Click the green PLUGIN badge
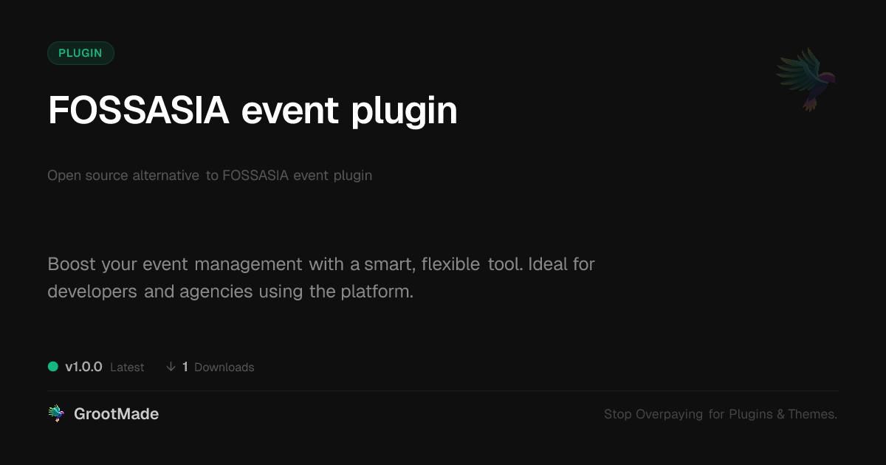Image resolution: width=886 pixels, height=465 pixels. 80,53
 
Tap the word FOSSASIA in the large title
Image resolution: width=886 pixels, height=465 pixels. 139,110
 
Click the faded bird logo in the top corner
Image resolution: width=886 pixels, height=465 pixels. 806,80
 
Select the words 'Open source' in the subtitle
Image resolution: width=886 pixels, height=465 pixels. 87,176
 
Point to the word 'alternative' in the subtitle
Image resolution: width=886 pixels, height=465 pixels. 165,175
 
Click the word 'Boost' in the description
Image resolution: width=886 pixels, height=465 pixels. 72,264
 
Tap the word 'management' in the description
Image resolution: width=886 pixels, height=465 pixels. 248,264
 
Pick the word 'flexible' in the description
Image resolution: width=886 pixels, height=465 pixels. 450,263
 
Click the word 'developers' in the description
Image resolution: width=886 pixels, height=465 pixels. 92,292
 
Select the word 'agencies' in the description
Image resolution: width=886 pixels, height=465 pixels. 216,292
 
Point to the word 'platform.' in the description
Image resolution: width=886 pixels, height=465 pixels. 377,292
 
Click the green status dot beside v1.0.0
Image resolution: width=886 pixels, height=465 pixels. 53,367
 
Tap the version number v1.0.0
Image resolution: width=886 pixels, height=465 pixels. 84,367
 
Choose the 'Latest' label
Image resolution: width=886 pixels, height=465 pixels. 127,368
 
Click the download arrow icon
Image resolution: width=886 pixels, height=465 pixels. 171,367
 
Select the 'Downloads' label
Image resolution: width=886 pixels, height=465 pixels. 224,368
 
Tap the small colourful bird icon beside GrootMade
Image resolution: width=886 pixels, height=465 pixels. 57,413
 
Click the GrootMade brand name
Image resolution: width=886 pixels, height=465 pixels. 117,414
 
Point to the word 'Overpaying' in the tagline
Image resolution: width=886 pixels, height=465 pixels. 669,414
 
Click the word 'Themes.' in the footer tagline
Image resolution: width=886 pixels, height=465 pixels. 812,414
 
